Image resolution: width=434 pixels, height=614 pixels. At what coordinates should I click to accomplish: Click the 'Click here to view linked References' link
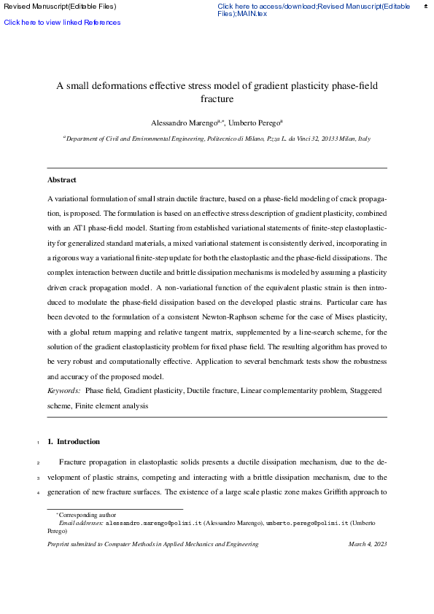[x=62, y=23]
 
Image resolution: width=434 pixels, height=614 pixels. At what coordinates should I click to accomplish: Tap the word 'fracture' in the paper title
[x=217, y=98]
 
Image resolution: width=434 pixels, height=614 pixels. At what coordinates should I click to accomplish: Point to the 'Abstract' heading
[x=62, y=179]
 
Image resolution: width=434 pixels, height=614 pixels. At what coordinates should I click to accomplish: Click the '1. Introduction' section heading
[x=74, y=441]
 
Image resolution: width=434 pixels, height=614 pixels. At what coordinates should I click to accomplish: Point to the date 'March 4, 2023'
[x=368, y=544]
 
